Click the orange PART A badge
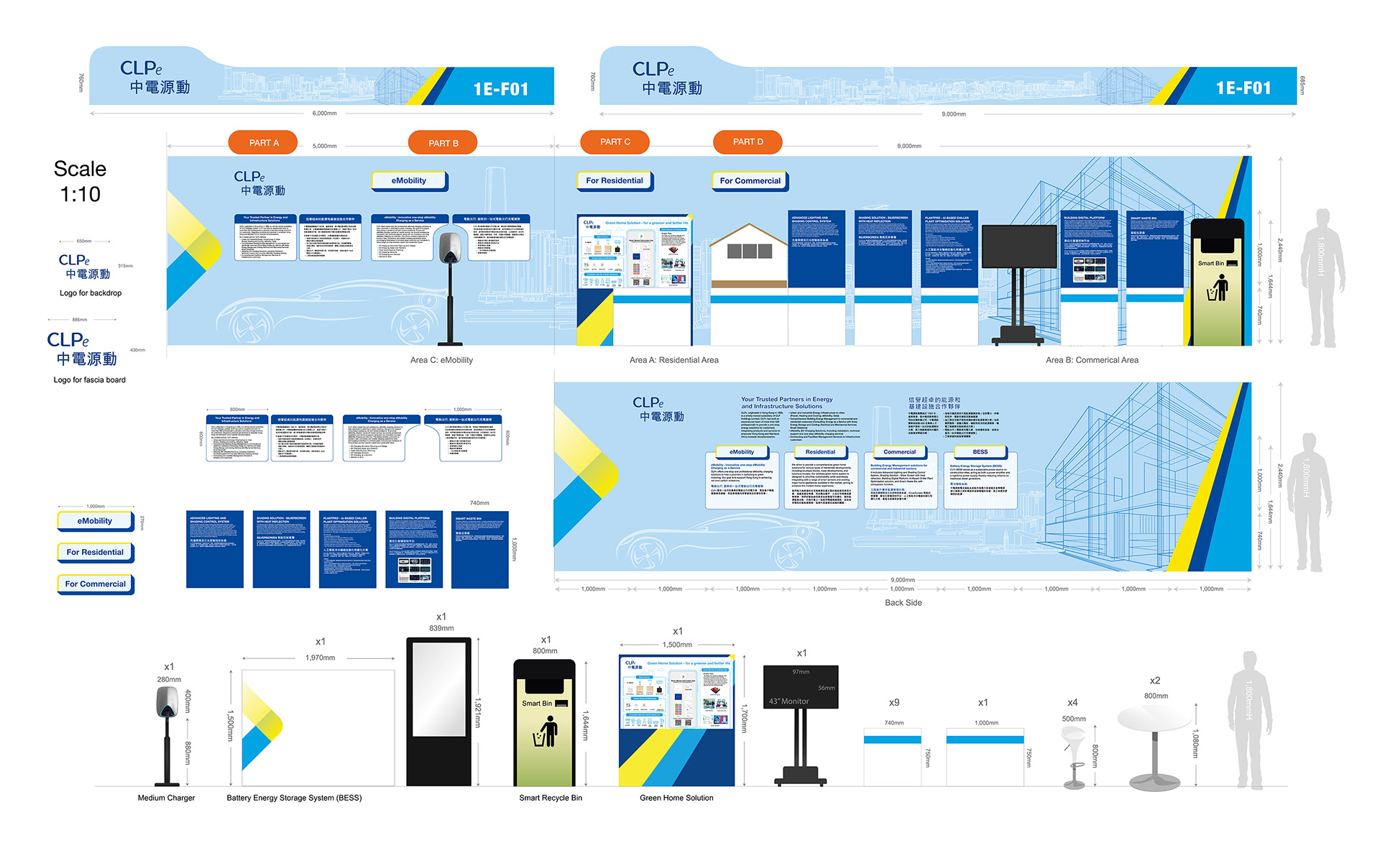tap(264, 142)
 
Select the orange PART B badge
tap(443, 143)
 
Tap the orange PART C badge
tap(615, 142)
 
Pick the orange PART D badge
tap(748, 142)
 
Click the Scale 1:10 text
tap(80, 181)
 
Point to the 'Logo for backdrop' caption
tap(91, 293)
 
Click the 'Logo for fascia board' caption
tap(89, 380)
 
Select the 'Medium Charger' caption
tap(166, 798)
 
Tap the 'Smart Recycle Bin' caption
tap(551, 798)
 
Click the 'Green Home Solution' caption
tap(676, 798)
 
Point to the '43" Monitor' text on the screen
tap(789, 701)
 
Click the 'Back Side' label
tap(903, 603)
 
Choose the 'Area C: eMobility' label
tap(441, 360)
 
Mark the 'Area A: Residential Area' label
tap(673, 360)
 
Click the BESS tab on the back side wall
tap(980, 452)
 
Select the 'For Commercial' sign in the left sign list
tap(96, 584)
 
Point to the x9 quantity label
tap(894, 702)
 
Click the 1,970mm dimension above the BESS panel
tap(320, 658)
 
